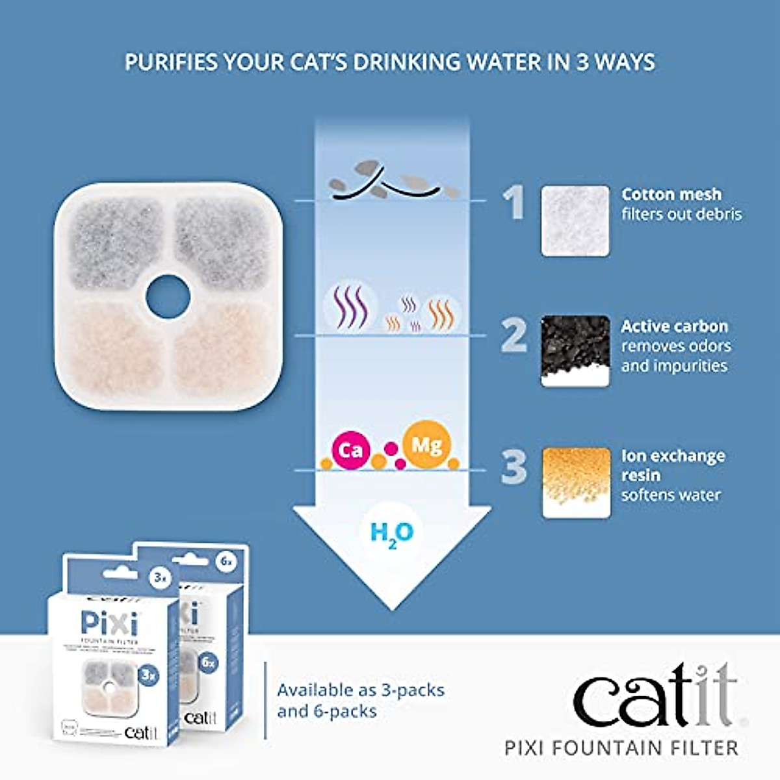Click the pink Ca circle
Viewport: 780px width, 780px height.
pyautogui.click(x=351, y=449)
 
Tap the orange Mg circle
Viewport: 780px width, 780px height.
pyautogui.click(x=426, y=445)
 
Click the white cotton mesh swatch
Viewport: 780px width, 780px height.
pyautogui.click(x=575, y=221)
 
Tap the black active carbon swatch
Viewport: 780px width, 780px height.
pyautogui.click(x=575, y=351)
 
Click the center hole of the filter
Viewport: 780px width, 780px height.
pyautogui.click(x=167, y=296)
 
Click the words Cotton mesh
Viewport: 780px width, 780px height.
pyautogui.click(x=671, y=194)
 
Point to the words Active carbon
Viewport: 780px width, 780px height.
pyautogui.click(x=674, y=326)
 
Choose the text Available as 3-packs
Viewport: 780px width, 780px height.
pyautogui.click(x=361, y=690)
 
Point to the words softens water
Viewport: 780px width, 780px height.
pyautogui.click(x=671, y=495)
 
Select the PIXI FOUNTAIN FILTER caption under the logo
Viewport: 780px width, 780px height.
pyautogui.click(x=621, y=747)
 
